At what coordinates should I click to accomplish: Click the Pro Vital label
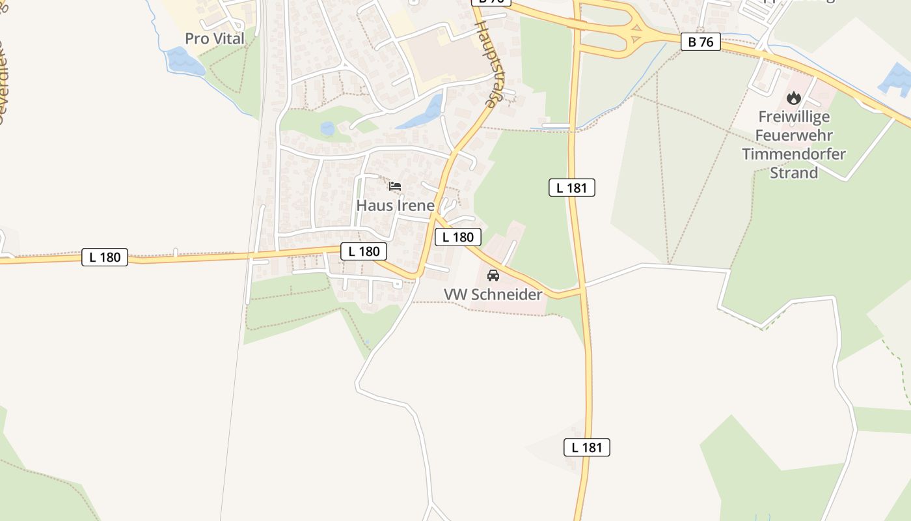(215, 38)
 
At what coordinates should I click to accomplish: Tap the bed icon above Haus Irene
(394, 186)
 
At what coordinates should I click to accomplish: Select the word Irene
(413, 206)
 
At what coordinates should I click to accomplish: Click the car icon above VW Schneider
(493, 275)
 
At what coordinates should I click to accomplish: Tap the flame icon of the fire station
(793, 98)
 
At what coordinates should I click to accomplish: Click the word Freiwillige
(794, 117)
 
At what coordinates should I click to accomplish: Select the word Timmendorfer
(794, 154)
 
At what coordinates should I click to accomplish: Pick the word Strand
(794, 173)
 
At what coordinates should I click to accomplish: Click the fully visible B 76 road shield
(701, 42)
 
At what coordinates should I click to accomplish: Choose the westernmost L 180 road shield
(105, 257)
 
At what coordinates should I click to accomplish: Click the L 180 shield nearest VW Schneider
(458, 237)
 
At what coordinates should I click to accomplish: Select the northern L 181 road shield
(572, 188)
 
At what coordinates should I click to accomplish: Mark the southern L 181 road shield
(587, 447)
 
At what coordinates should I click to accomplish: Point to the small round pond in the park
(327, 129)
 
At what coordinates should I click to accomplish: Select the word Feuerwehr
(794, 136)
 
